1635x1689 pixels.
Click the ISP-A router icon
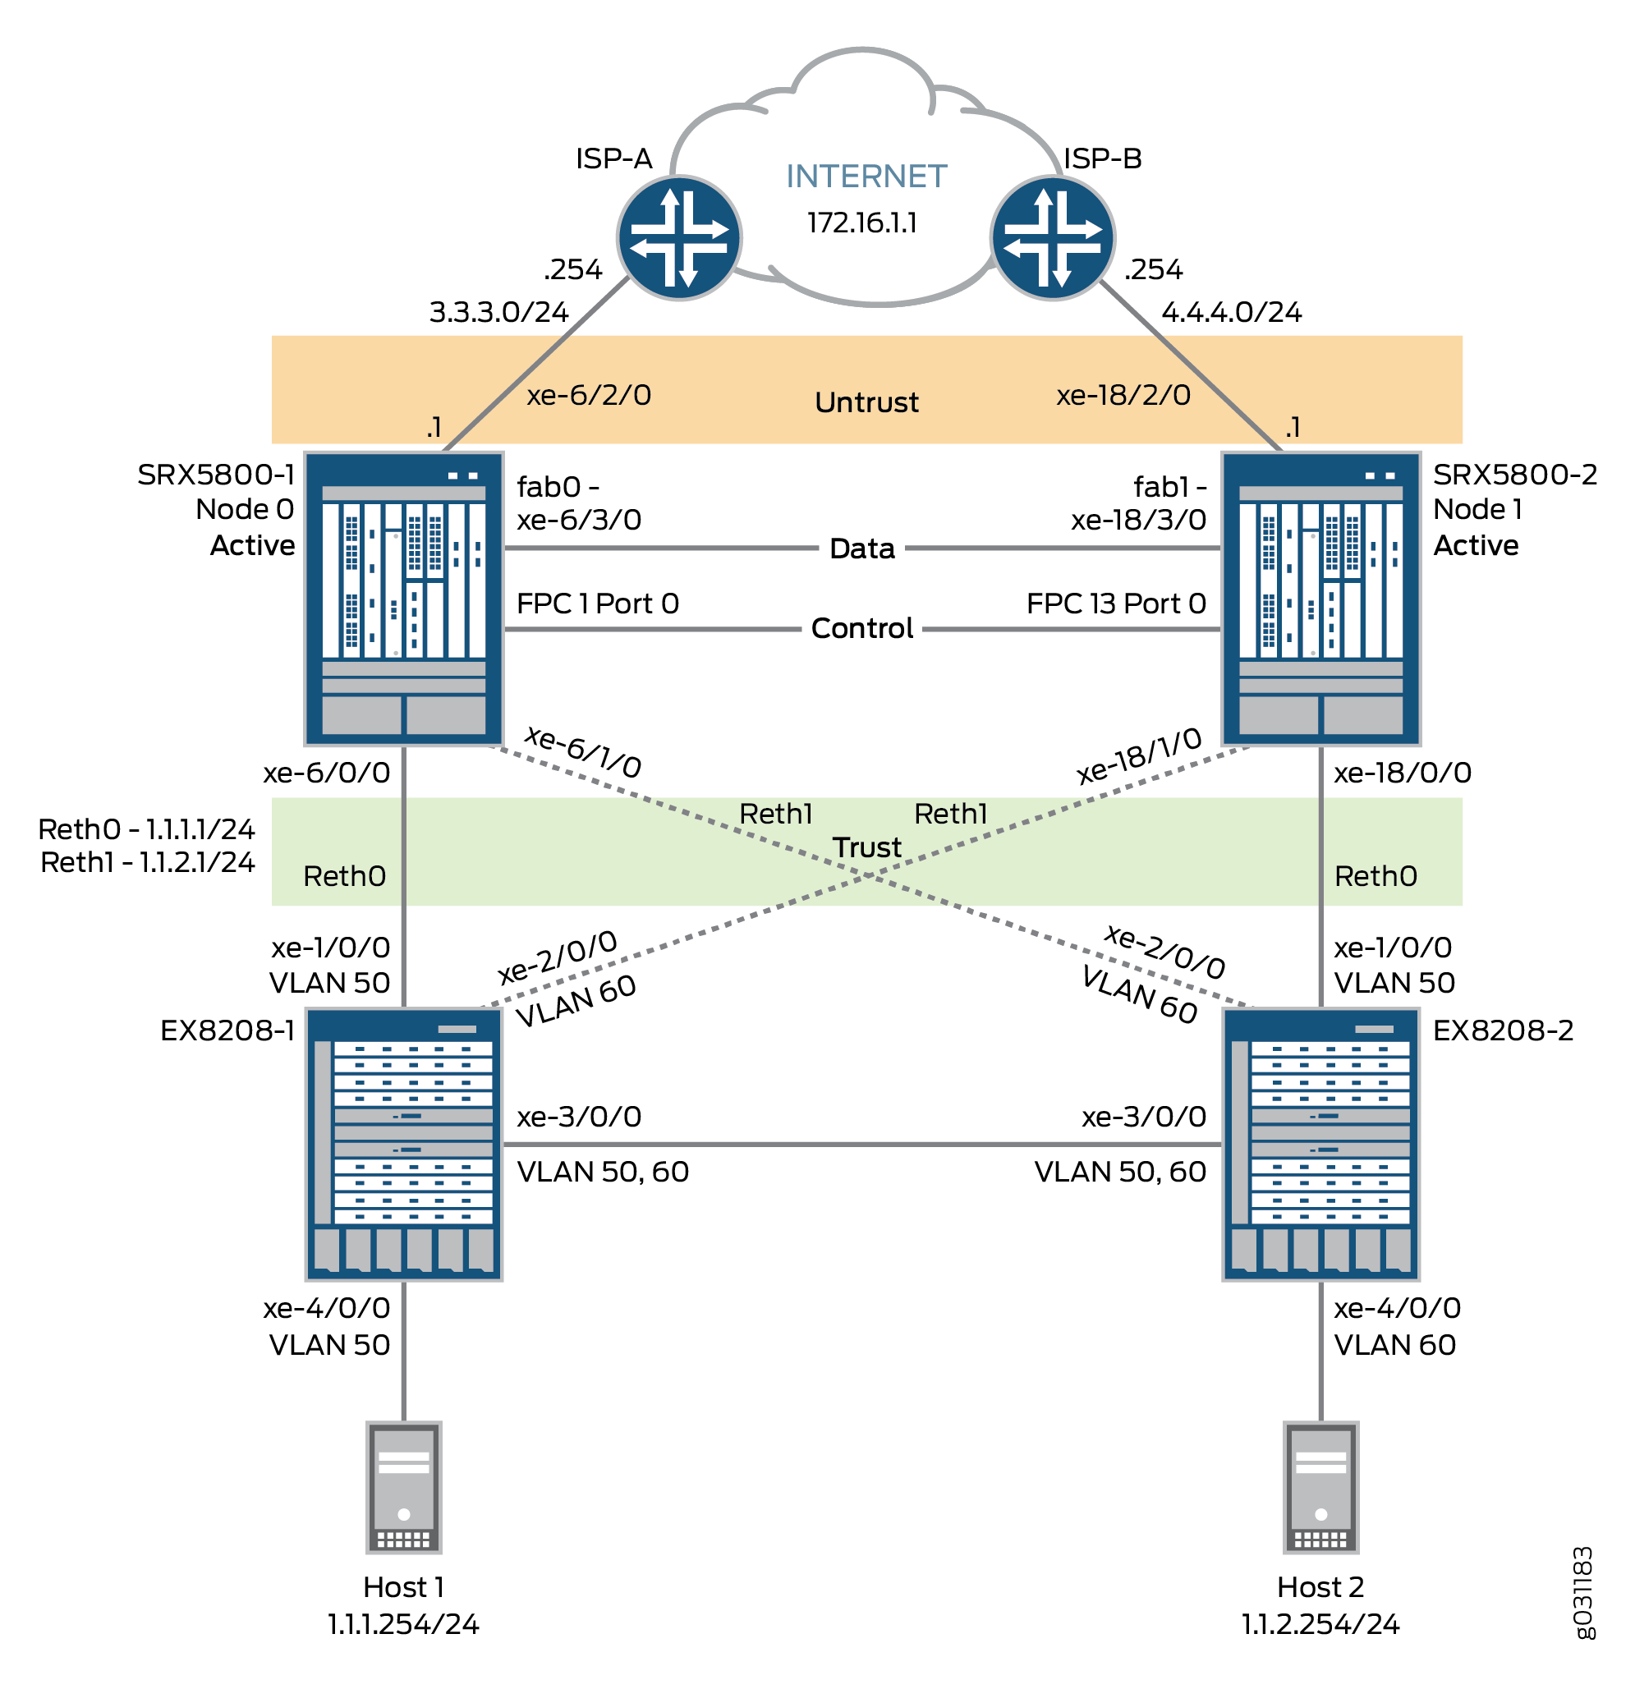coord(679,238)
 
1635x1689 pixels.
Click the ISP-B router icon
coord(1053,238)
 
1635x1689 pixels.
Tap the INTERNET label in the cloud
coord(866,177)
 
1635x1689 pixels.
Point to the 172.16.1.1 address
coord(862,223)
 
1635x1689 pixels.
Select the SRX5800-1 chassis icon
coord(403,598)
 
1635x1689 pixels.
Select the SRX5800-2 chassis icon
coord(1320,598)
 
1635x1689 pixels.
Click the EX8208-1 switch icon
coord(403,1145)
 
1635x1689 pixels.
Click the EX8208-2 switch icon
coord(1320,1145)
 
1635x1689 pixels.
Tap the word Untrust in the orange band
coord(866,402)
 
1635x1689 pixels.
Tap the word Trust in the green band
coord(866,848)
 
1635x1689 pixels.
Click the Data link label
coord(862,549)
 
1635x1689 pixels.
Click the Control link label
coord(862,629)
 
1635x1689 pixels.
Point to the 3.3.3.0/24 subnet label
coord(499,312)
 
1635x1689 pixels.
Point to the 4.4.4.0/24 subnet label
coord(1231,312)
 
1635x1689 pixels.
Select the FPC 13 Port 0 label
coord(1115,604)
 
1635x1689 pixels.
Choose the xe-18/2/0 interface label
coord(1123,396)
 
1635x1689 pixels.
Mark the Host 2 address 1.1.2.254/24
coord(1320,1624)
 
